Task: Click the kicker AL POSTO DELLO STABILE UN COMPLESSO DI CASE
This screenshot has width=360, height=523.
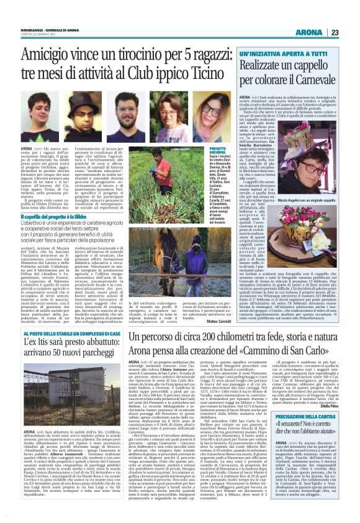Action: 66,334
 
